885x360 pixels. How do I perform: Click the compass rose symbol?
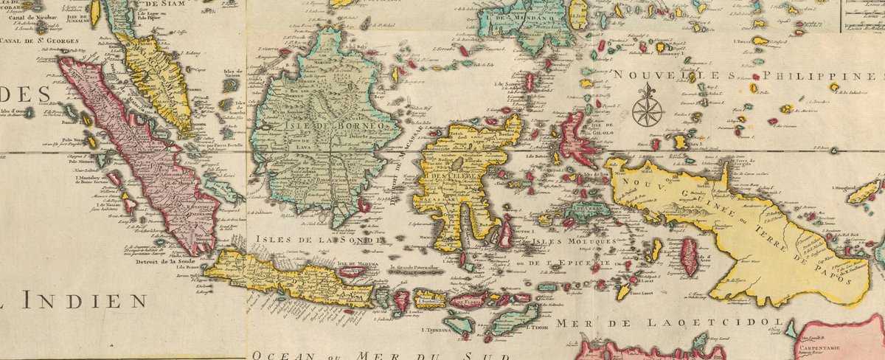[647, 105]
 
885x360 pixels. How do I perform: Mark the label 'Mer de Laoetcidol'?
[668, 322]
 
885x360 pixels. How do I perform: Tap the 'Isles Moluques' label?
[574, 242]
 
